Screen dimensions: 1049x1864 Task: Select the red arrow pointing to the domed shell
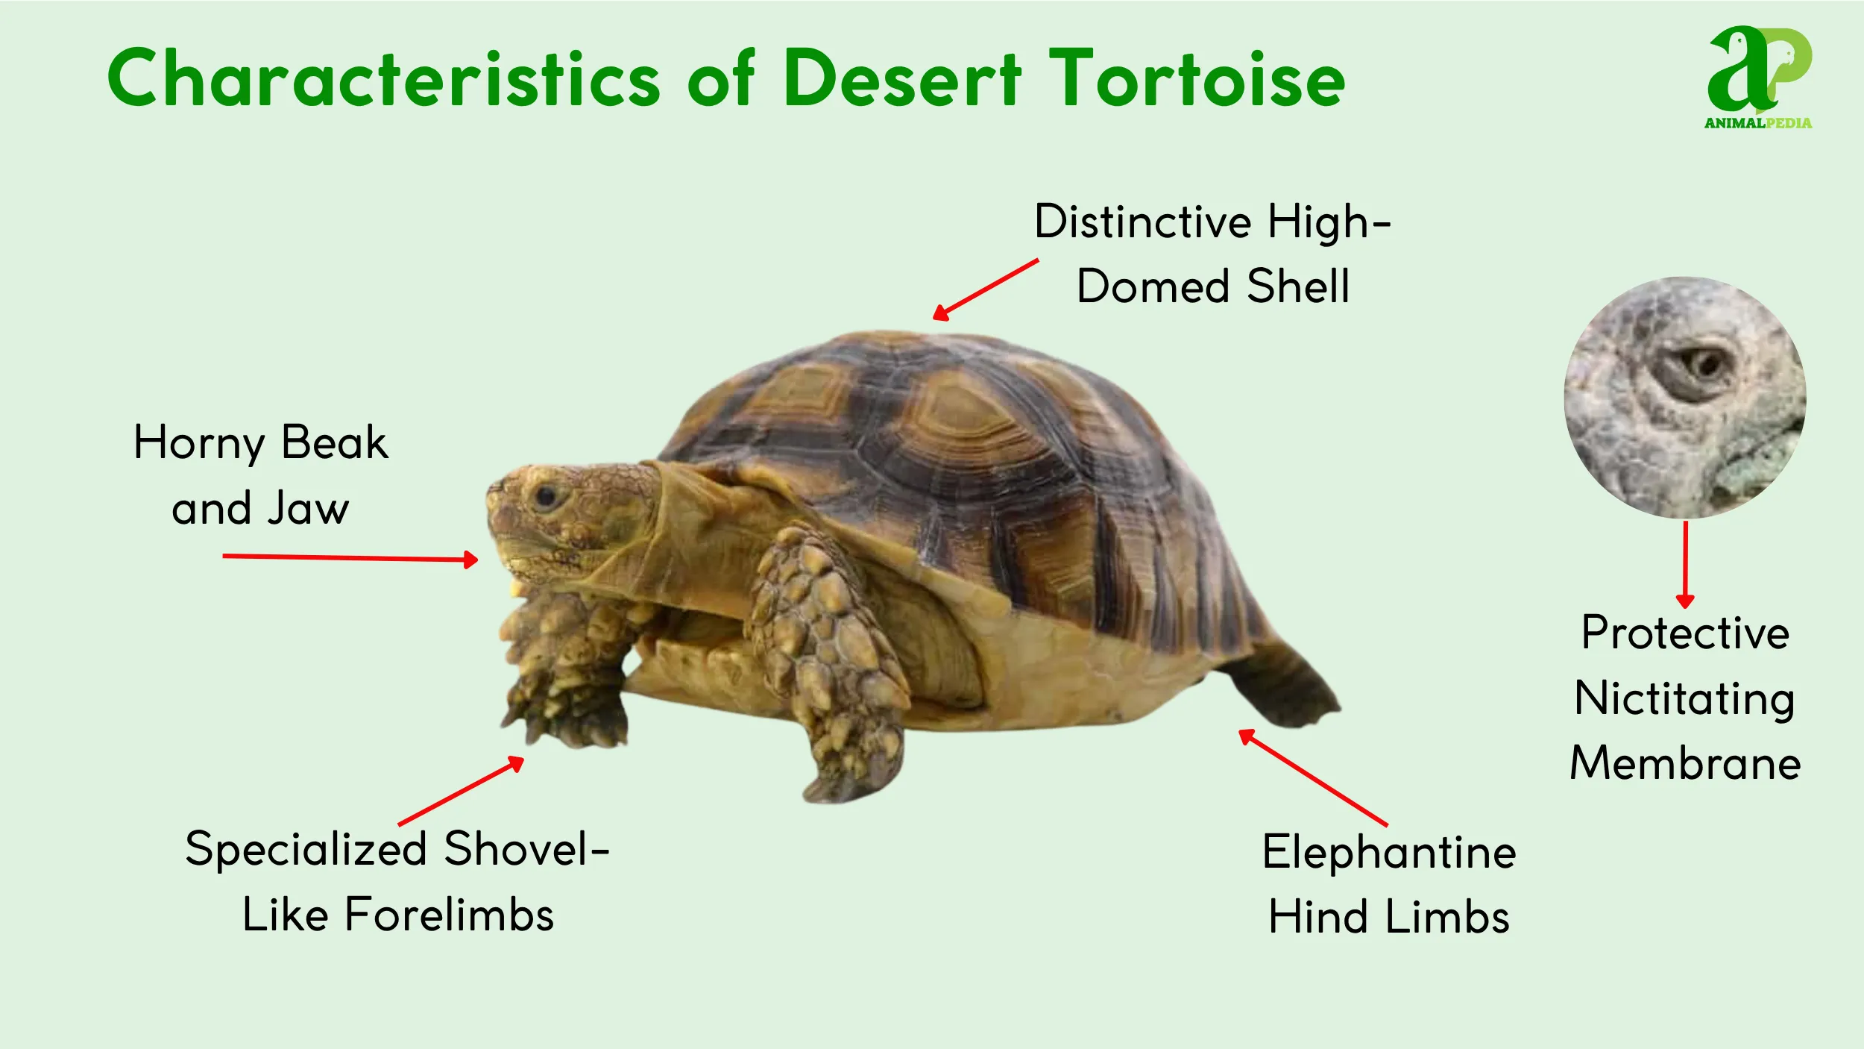(x=985, y=290)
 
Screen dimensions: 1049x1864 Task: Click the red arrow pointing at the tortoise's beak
(x=350, y=557)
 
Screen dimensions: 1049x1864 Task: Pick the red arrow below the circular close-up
(x=1685, y=564)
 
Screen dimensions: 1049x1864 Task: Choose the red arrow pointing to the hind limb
(x=1312, y=777)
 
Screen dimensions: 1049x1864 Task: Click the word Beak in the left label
(x=335, y=442)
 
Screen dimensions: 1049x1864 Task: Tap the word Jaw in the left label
(x=308, y=509)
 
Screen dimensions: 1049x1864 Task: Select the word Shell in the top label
(x=1298, y=286)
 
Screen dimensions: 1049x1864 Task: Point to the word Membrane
(x=1685, y=764)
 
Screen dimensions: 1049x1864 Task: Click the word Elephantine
(x=1389, y=852)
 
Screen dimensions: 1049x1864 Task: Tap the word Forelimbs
(x=450, y=915)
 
